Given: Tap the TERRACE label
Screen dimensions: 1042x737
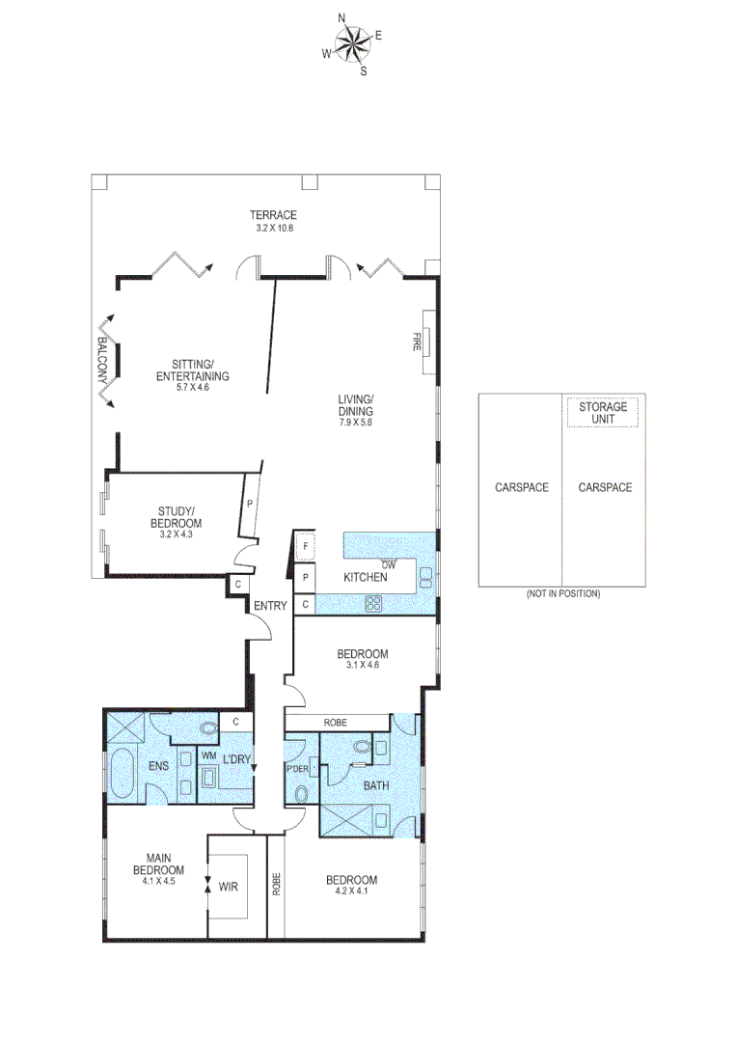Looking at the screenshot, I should [273, 215].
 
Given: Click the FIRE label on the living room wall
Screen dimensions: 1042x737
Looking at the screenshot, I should [419, 342].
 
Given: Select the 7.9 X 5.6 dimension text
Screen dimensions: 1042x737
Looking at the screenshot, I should [355, 422].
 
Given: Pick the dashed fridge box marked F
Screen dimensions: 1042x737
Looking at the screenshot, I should [305, 547].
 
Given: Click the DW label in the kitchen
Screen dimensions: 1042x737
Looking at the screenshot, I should [389, 564].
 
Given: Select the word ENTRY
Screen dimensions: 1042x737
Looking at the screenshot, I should [270, 606].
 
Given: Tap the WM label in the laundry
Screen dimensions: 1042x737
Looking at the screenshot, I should [207, 756].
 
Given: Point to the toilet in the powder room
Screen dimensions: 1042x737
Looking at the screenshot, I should [302, 794].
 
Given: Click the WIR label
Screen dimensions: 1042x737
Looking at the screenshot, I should [229, 885].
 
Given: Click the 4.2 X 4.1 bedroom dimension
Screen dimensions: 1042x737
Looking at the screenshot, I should [350, 892].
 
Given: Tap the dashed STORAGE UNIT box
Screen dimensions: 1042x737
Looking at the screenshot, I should [602, 413].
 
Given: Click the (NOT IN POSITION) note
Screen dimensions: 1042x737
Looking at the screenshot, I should [562, 593].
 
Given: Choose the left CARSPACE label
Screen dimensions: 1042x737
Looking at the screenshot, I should [521, 487].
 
